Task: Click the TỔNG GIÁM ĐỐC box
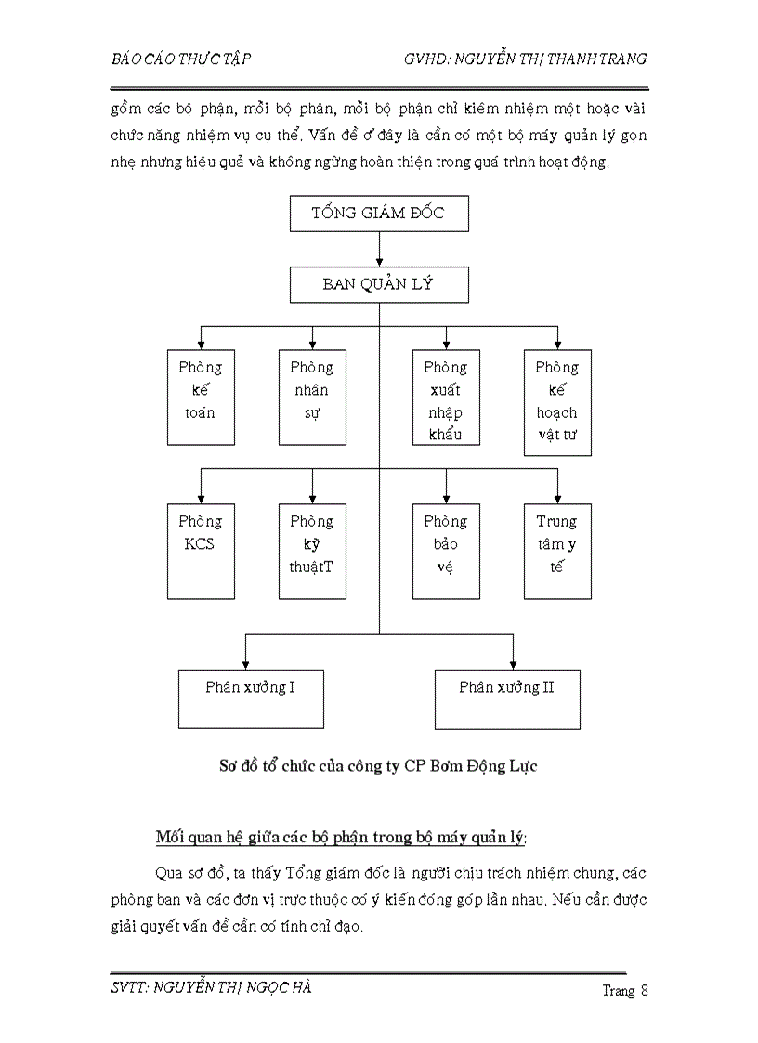[379, 214]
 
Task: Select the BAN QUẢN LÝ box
[379, 284]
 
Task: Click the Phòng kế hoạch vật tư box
[557, 402]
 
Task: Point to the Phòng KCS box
[201, 551]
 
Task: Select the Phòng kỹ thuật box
[312, 551]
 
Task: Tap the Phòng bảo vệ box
[446, 551]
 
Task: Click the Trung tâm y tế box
[557, 551]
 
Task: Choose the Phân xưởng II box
[508, 698]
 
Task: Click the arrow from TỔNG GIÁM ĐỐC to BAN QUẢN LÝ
[379, 250]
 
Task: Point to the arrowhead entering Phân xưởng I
[245, 663]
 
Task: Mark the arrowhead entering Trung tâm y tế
[557, 499]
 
